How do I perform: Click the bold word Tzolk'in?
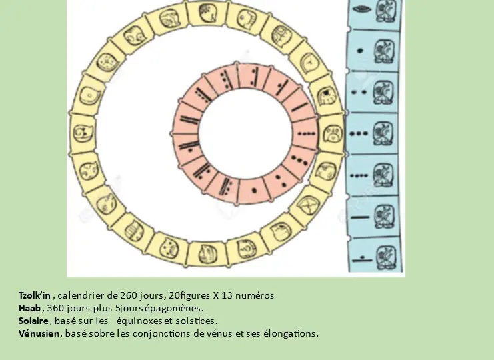(x=35, y=295)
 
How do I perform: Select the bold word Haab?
(x=29, y=308)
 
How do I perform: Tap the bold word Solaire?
(x=33, y=321)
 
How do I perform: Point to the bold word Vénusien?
(x=39, y=333)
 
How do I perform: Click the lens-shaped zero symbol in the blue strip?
(x=359, y=9)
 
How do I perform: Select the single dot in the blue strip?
(x=361, y=51)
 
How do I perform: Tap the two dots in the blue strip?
(x=359, y=92)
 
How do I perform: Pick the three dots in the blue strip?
(x=359, y=133)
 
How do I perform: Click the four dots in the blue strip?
(x=359, y=176)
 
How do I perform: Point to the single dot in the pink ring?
(x=254, y=190)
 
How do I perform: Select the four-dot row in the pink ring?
(x=306, y=133)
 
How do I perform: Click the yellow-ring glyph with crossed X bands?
(x=308, y=205)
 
